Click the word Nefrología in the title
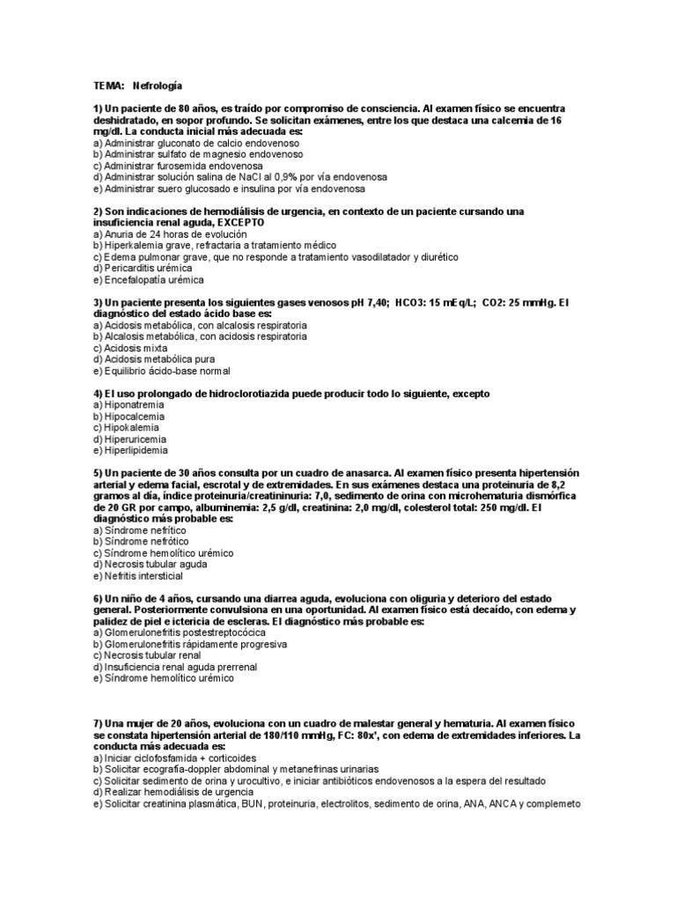coord(158,86)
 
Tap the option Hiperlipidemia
coord(137,450)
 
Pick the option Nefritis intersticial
coord(143,576)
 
